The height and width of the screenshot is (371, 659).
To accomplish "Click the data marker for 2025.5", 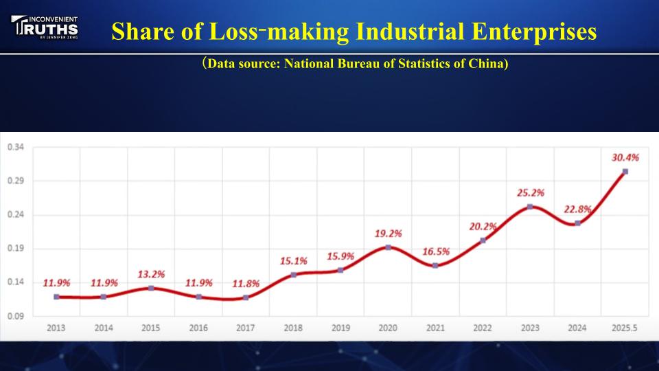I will [x=625, y=172].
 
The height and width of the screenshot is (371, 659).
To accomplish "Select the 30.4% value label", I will [x=625, y=157].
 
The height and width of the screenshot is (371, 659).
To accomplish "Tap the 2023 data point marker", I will [x=530, y=207].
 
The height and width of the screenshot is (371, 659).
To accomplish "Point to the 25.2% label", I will [x=531, y=193].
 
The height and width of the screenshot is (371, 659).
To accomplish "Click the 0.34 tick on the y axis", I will [x=16, y=147].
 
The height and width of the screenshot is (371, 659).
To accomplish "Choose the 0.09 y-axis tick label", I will [x=16, y=316].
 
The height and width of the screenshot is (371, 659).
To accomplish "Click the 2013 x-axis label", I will [x=56, y=328].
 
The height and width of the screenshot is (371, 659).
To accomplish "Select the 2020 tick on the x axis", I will [x=388, y=328].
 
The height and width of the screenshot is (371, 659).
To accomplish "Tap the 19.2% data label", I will [x=388, y=234].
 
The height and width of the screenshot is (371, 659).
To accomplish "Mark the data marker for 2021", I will [x=435, y=265].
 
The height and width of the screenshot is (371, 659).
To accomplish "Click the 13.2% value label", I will [x=151, y=274].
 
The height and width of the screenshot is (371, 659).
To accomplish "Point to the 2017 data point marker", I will [x=246, y=297].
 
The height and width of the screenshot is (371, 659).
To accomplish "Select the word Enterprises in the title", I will [x=545, y=32].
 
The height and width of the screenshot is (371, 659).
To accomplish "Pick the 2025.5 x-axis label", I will [x=625, y=328].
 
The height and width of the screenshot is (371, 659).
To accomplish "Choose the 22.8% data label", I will [x=578, y=210].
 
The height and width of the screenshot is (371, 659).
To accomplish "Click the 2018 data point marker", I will [x=293, y=275].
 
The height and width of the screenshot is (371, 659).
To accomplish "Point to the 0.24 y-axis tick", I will [x=16, y=214].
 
